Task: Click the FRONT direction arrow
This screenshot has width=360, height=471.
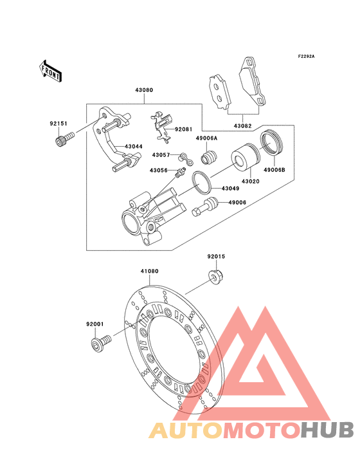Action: [50, 71]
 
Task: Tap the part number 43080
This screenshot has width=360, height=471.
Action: [144, 90]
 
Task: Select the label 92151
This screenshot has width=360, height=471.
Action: [59, 124]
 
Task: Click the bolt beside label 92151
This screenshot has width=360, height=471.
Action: [64, 140]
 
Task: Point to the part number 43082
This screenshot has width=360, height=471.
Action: [243, 126]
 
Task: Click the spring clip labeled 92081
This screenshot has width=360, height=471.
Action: [161, 127]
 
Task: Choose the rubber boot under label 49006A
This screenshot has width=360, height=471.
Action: [209, 158]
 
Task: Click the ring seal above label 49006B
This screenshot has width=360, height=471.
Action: [272, 143]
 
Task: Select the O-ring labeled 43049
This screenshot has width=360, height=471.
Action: [202, 182]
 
